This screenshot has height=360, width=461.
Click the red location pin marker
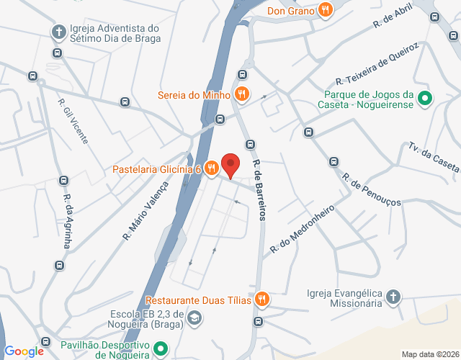pyautogui.click(x=230, y=165)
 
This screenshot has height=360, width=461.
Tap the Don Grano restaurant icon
pyautogui.click(x=326, y=10)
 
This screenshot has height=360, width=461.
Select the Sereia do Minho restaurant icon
pyautogui.click(x=242, y=94)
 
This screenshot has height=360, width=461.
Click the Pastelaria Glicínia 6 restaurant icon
pyautogui.click(x=210, y=169)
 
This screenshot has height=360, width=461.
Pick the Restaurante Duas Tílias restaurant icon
pyautogui.click(x=262, y=299)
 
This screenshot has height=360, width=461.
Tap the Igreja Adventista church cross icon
pyautogui.click(x=58, y=32)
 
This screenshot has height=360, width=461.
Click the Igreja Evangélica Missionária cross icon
pyautogui.click(x=393, y=297)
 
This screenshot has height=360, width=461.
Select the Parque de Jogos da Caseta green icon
pyautogui.click(x=425, y=99)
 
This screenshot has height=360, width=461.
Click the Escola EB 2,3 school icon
pyautogui.click(x=194, y=318)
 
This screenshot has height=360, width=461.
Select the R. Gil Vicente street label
pyautogui.click(x=73, y=120)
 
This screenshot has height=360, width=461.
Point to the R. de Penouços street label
pyautogui.click(x=371, y=189)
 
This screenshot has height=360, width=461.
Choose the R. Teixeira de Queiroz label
pyautogui.click(x=377, y=63)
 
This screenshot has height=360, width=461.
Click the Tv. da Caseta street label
pyautogui.click(x=433, y=157)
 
